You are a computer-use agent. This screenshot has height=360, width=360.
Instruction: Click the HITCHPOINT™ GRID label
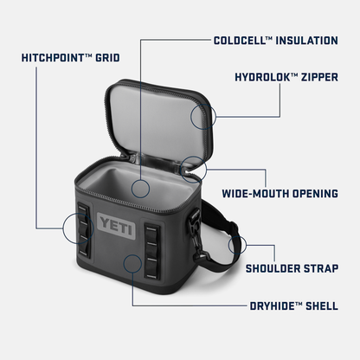pyautogui.click(x=71, y=60)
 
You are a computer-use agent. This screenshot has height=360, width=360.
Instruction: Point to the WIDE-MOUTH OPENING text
pyautogui.click(x=280, y=193)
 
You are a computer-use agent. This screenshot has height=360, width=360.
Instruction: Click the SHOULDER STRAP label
pyautogui.click(x=297, y=268)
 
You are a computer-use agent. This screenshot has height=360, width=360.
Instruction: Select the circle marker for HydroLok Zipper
pyautogui.click(x=202, y=117)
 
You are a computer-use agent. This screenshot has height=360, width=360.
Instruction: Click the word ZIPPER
pyautogui.click(x=317, y=75)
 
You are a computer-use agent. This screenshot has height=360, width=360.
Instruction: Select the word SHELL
pyautogui.click(x=319, y=305)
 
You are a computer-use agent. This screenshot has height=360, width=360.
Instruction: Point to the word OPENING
pyautogui.click(x=309, y=193)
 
